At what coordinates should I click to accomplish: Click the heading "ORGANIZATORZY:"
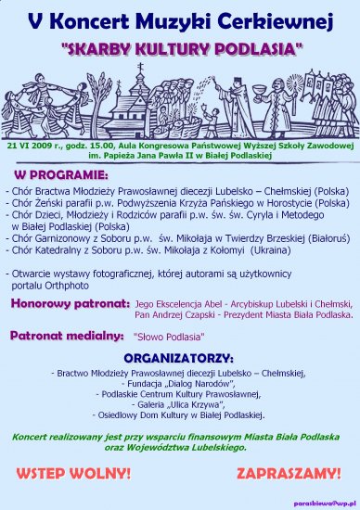(179, 355)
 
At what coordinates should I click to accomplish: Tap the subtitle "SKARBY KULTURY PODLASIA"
(180, 44)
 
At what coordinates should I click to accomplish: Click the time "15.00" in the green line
(108, 147)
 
